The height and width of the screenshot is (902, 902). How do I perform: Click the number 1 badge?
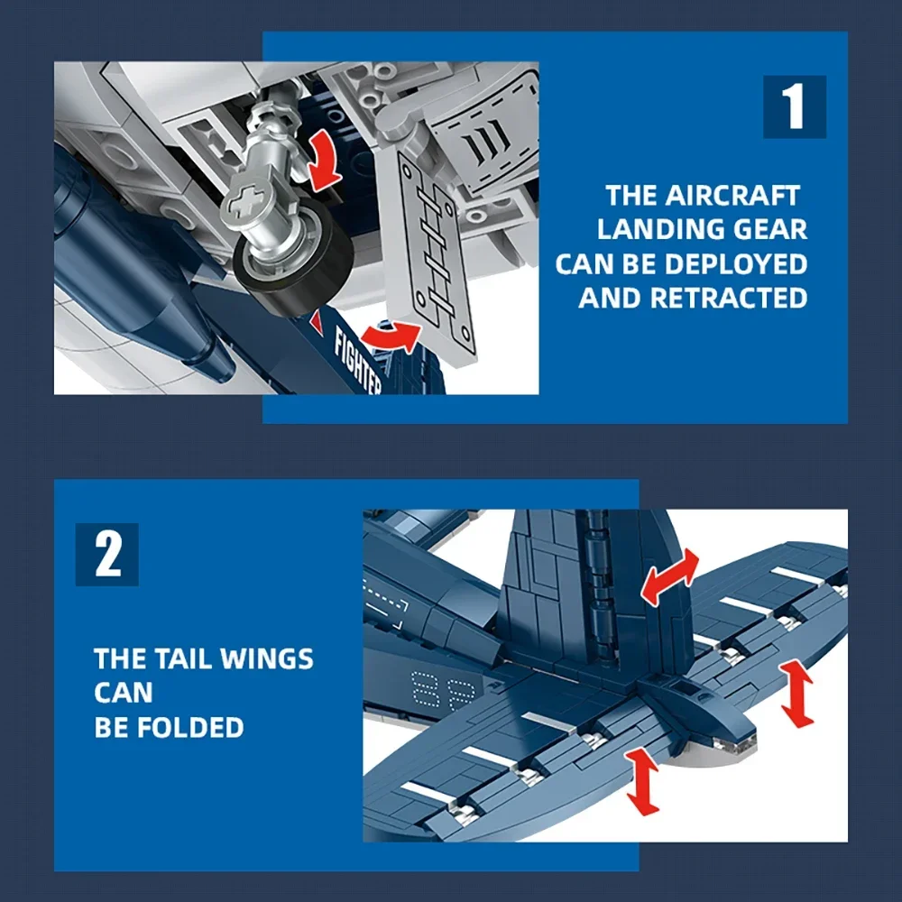[794, 106]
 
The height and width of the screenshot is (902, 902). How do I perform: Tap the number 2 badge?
[107, 555]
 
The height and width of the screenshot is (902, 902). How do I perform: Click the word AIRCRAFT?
[732, 196]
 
